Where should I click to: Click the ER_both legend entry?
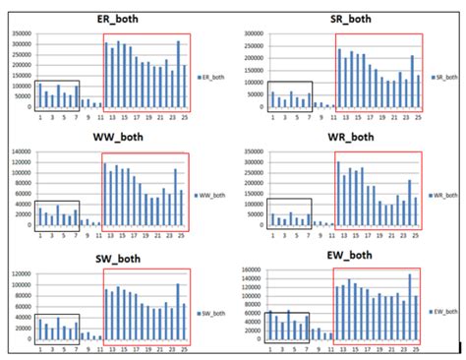[x=213, y=76]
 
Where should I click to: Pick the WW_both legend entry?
[x=213, y=194]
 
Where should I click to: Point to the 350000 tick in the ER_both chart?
[x=20, y=32]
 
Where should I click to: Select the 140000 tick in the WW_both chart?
[x=20, y=152]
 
